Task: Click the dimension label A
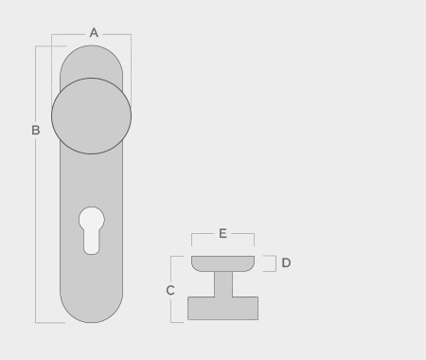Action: [94, 33]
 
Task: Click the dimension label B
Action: [36, 130]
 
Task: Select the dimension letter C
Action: [170, 290]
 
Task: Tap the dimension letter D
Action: [286, 262]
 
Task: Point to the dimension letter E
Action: [222, 234]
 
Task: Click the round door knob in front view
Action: [91, 116]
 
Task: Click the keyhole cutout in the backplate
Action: [92, 230]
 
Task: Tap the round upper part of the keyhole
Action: [92, 220]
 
